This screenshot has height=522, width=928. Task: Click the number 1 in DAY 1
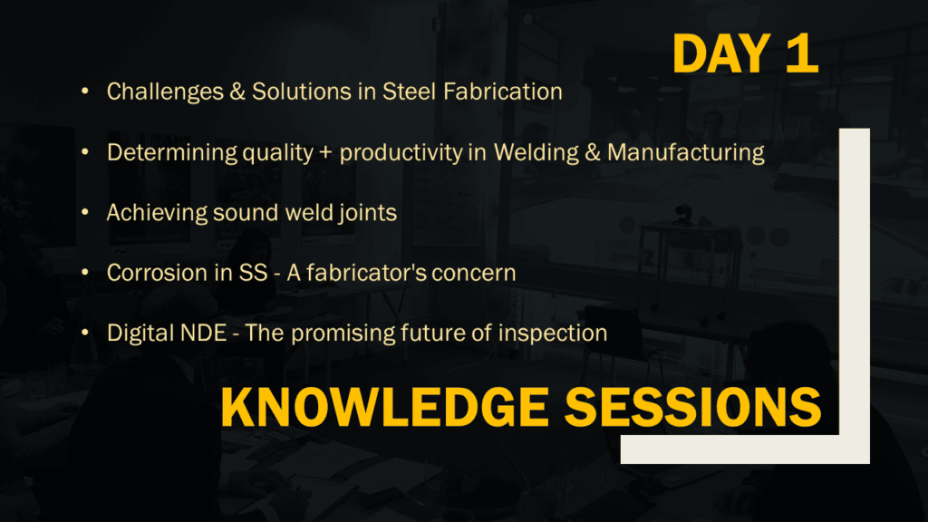click(x=803, y=53)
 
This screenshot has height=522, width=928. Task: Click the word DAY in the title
click(x=721, y=53)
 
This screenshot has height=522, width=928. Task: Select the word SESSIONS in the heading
click(x=693, y=407)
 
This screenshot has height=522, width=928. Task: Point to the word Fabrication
click(x=503, y=92)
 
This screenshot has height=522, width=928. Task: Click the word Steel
click(x=409, y=92)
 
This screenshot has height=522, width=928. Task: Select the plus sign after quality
click(x=325, y=153)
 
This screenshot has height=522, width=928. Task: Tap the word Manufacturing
click(x=686, y=152)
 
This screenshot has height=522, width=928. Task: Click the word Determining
click(x=171, y=152)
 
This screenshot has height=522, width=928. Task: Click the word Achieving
click(x=157, y=212)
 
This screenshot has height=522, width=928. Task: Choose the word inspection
click(x=553, y=333)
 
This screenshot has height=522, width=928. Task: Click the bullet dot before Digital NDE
click(x=85, y=333)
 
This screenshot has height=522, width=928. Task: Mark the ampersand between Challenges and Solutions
click(x=237, y=92)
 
